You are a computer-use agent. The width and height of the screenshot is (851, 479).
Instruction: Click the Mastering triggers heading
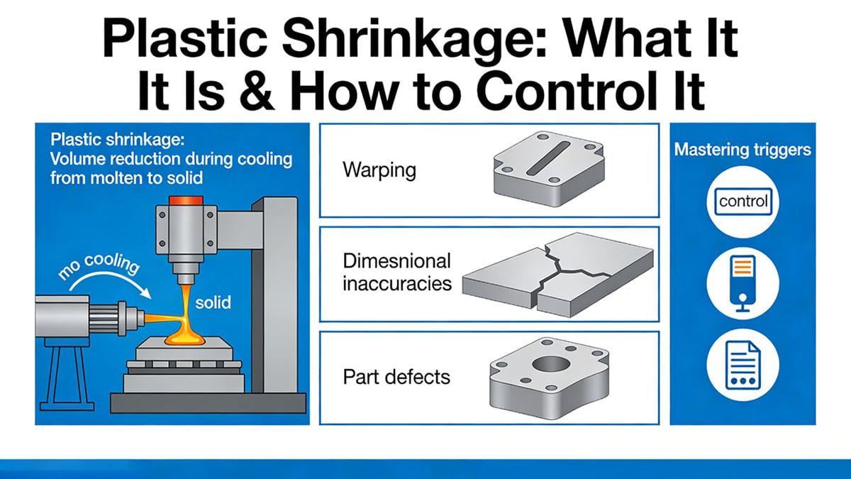tap(742, 150)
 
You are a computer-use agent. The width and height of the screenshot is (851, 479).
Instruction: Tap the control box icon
tap(742, 202)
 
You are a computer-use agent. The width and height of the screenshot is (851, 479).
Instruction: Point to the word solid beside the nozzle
tap(212, 302)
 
